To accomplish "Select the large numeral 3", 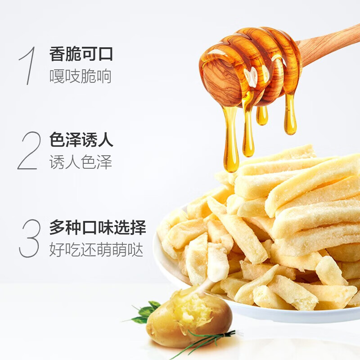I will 30,238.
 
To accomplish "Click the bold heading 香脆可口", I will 81,54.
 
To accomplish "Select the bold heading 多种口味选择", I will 98,228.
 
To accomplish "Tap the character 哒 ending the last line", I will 136,250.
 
